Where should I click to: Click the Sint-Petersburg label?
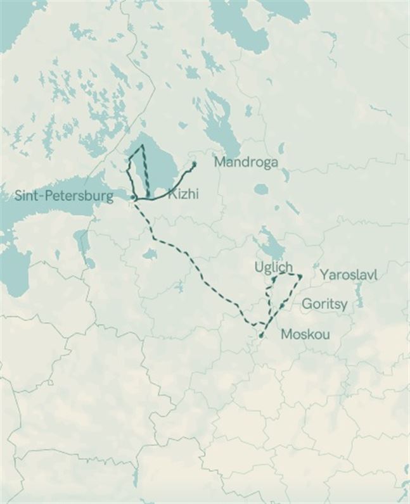[x=65, y=196]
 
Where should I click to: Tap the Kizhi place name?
[x=183, y=194]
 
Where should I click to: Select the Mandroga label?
[x=246, y=162]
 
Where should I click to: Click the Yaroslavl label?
[x=349, y=275]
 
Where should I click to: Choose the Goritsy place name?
[x=324, y=305]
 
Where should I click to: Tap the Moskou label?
[x=305, y=334]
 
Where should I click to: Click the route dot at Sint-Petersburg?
[x=133, y=198]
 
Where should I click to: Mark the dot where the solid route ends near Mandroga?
[x=194, y=164]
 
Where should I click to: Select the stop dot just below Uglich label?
[x=274, y=279]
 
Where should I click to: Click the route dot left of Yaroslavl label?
[x=300, y=276]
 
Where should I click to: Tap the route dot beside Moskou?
[x=261, y=334]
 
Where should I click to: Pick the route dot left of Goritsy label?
[x=283, y=306]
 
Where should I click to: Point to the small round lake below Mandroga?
[x=260, y=189]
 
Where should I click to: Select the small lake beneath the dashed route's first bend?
[x=150, y=255]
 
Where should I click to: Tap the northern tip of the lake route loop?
[x=142, y=146]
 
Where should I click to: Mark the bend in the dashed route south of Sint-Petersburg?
[x=154, y=238]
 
